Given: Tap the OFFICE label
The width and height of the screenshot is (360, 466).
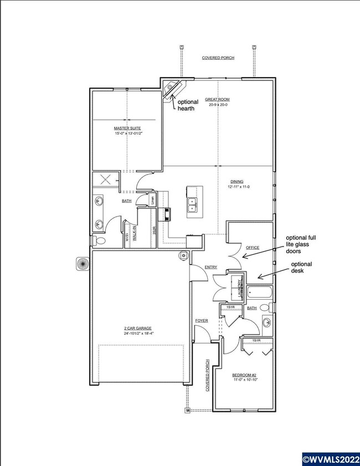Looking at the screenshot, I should [x=253, y=248].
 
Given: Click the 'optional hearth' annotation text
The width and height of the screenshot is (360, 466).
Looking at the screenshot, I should [x=187, y=105].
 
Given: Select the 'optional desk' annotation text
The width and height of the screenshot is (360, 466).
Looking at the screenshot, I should [x=301, y=268].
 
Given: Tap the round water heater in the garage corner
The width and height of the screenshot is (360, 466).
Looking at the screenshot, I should [x=182, y=255].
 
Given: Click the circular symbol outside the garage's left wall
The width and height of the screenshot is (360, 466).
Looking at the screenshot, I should [x=81, y=264].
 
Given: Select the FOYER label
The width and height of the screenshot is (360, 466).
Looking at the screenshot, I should [x=201, y=321].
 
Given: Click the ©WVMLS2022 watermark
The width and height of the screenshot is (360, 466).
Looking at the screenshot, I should [x=330, y=459].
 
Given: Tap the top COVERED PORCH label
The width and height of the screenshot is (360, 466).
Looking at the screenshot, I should [x=217, y=58].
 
